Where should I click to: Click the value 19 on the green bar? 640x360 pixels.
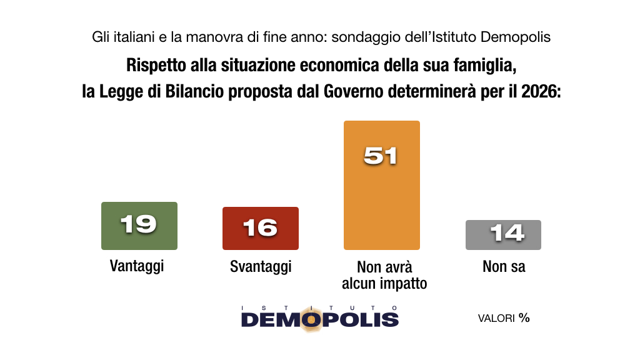(138, 224)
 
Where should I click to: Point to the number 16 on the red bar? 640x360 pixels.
(260, 228)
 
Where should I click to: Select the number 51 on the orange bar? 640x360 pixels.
(381, 155)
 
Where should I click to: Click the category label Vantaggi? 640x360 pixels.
(137, 267)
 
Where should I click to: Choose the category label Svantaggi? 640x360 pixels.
(261, 267)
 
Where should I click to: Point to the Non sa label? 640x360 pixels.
(504, 267)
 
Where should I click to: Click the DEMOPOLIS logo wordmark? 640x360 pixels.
(319, 319)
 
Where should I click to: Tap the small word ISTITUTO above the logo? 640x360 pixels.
(319, 307)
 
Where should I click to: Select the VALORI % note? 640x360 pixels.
(504, 318)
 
